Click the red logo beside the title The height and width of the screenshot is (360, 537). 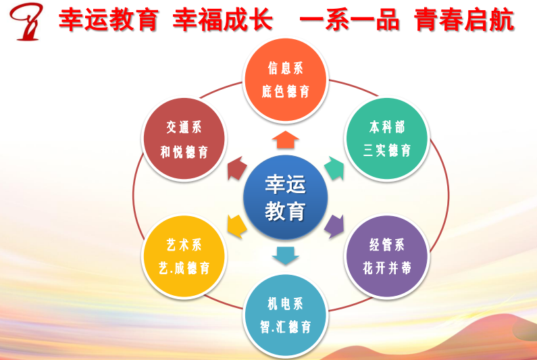pyautogui.click(x=27, y=21)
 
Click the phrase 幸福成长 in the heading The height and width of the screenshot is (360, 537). pyautogui.click(x=223, y=19)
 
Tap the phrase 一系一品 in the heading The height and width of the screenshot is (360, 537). pyautogui.click(x=349, y=19)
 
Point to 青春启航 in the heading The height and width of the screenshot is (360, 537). pyautogui.click(x=464, y=19)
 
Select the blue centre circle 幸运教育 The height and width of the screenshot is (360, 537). pyautogui.click(x=285, y=197)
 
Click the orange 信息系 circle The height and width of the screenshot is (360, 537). pyautogui.click(x=286, y=80)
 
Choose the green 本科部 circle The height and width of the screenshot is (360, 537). pyautogui.click(x=387, y=138)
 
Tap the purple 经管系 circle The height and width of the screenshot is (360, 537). pyautogui.click(x=387, y=256)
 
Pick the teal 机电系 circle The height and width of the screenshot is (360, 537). pyautogui.click(x=286, y=315)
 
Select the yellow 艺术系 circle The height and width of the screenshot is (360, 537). pyautogui.click(x=184, y=256)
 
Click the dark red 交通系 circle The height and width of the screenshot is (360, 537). pyautogui.click(x=184, y=138)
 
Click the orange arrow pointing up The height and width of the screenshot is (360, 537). pyautogui.click(x=285, y=140)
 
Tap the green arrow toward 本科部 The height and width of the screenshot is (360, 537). pyautogui.click(x=334, y=168)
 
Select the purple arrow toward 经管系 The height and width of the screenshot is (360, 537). pyautogui.click(x=334, y=226)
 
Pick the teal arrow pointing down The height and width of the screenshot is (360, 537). pyautogui.click(x=285, y=255)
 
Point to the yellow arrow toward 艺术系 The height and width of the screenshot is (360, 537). pyautogui.click(x=236, y=226)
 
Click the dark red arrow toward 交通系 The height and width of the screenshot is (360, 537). pyautogui.click(x=236, y=168)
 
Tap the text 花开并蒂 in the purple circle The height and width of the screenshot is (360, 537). pyautogui.click(x=387, y=268)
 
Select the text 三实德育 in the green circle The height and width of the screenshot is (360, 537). pyautogui.click(x=387, y=151)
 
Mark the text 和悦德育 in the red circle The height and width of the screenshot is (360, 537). pyautogui.click(x=184, y=152)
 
